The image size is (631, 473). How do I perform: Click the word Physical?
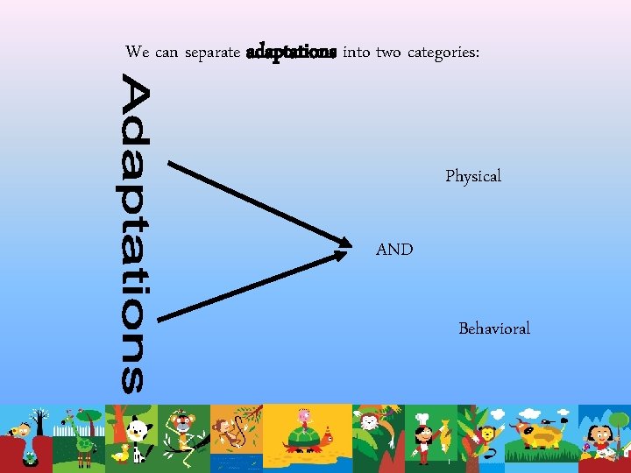click(x=473, y=177)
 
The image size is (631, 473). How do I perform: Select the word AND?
click(x=394, y=250)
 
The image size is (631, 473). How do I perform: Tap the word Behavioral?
click(x=494, y=329)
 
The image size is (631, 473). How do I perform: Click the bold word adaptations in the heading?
click(x=291, y=53)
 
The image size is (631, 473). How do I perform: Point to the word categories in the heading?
click(x=443, y=53)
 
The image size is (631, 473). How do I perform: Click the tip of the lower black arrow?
click(x=350, y=255)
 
